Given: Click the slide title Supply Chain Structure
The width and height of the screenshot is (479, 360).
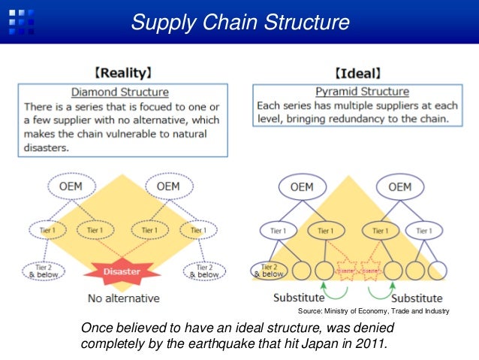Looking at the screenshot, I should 239,22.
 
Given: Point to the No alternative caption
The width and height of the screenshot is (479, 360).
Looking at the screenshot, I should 123,298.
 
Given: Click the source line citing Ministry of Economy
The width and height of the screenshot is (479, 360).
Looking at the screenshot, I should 374,310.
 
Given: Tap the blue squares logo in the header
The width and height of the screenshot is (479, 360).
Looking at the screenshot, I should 21,21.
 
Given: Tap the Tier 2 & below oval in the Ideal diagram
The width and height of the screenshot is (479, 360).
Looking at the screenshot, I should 269,269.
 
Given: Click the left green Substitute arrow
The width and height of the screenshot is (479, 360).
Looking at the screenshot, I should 324,287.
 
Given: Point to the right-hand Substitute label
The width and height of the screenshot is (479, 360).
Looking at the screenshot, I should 416,298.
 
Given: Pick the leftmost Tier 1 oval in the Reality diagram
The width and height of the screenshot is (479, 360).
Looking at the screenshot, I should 44,229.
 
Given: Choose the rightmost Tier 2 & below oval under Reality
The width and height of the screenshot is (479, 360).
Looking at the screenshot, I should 203,271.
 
